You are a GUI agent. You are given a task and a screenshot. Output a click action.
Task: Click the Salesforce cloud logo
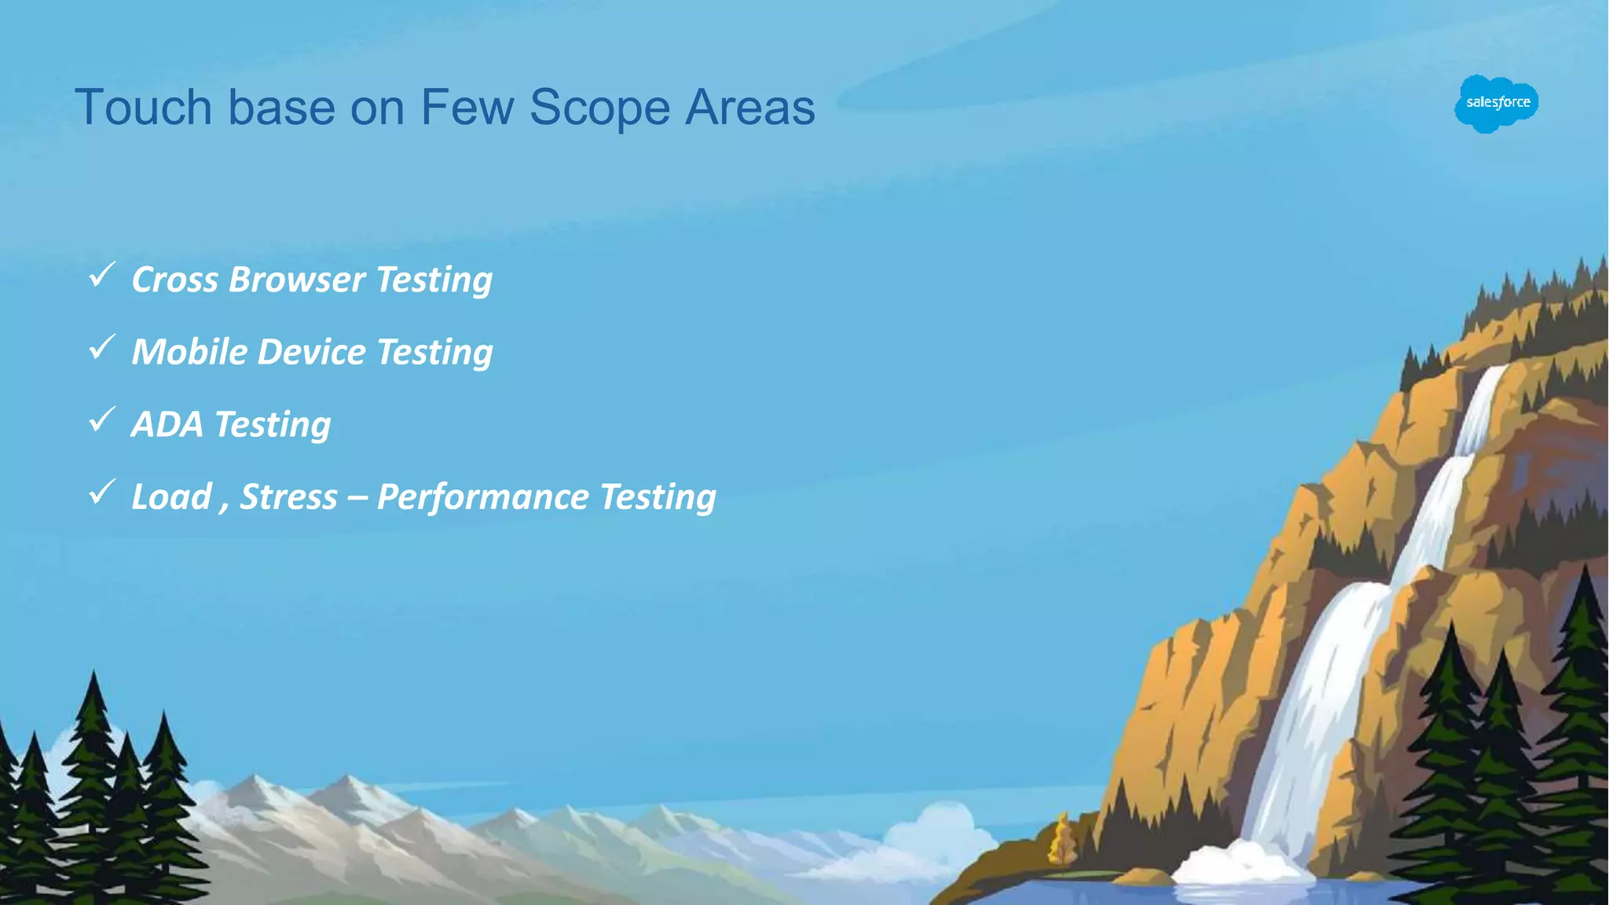click(x=1496, y=103)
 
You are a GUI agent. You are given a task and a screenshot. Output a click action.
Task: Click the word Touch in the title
click(x=144, y=107)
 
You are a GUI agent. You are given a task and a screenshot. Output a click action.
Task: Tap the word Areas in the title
click(x=750, y=107)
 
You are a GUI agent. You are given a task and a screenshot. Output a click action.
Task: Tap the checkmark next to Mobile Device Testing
click(x=102, y=347)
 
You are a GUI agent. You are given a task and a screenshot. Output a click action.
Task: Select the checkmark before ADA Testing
click(x=102, y=420)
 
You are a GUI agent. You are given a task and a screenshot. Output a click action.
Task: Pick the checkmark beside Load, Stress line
click(x=102, y=493)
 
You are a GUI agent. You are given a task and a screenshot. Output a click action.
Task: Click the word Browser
click(x=296, y=280)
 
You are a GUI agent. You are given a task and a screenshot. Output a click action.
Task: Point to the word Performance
click(x=482, y=496)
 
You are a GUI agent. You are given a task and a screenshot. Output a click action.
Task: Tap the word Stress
click(x=288, y=496)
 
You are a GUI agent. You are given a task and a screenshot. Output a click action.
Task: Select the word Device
click(x=311, y=352)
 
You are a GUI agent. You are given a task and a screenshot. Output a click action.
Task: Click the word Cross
click(x=174, y=280)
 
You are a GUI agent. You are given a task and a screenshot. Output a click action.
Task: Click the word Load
click(x=172, y=496)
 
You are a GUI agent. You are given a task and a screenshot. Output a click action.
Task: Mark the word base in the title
click(x=282, y=107)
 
